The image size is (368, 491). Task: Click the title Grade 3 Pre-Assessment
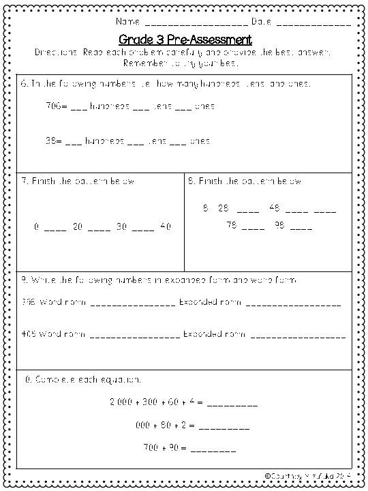click(184, 39)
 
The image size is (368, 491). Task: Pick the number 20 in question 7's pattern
click(77, 226)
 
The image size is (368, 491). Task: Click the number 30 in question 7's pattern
click(121, 226)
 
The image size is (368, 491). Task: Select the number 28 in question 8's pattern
click(223, 208)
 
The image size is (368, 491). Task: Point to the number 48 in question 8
click(274, 208)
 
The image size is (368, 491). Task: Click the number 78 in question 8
click(232, 226)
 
